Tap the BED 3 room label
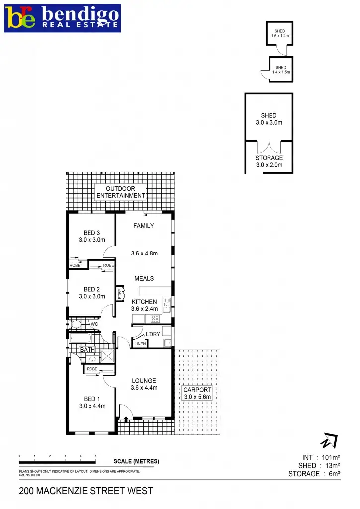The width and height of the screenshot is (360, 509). click(x=92, y=236)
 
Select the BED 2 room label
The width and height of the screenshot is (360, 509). click(x=92, y=293)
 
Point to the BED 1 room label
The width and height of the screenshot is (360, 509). click(x=92, y=402)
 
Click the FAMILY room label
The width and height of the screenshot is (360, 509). click(x=144, y=226)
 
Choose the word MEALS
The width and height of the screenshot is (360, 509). click(x=144, y=279)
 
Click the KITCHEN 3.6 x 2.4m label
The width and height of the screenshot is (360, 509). click(x=144, y=305)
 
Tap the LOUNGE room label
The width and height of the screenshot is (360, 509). click(x=144, y=384)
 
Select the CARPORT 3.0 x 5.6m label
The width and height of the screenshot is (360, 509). click(x=198, y=393)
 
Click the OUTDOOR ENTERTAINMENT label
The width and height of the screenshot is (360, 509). click(x=121, y=192)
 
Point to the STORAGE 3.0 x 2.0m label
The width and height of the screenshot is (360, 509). click(x=269, y=161)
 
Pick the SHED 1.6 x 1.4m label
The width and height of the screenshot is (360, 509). click(x=280, y=34)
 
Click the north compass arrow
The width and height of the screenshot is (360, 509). click(x=329, y=440)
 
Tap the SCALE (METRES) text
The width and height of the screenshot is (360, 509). click(x=136, y=461)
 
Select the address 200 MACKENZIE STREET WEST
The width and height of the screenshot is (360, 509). click(x=86, y=491)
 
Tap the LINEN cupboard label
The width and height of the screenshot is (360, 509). click(x=140, y=344)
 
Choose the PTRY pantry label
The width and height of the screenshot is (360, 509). click(x=120, y=294)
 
